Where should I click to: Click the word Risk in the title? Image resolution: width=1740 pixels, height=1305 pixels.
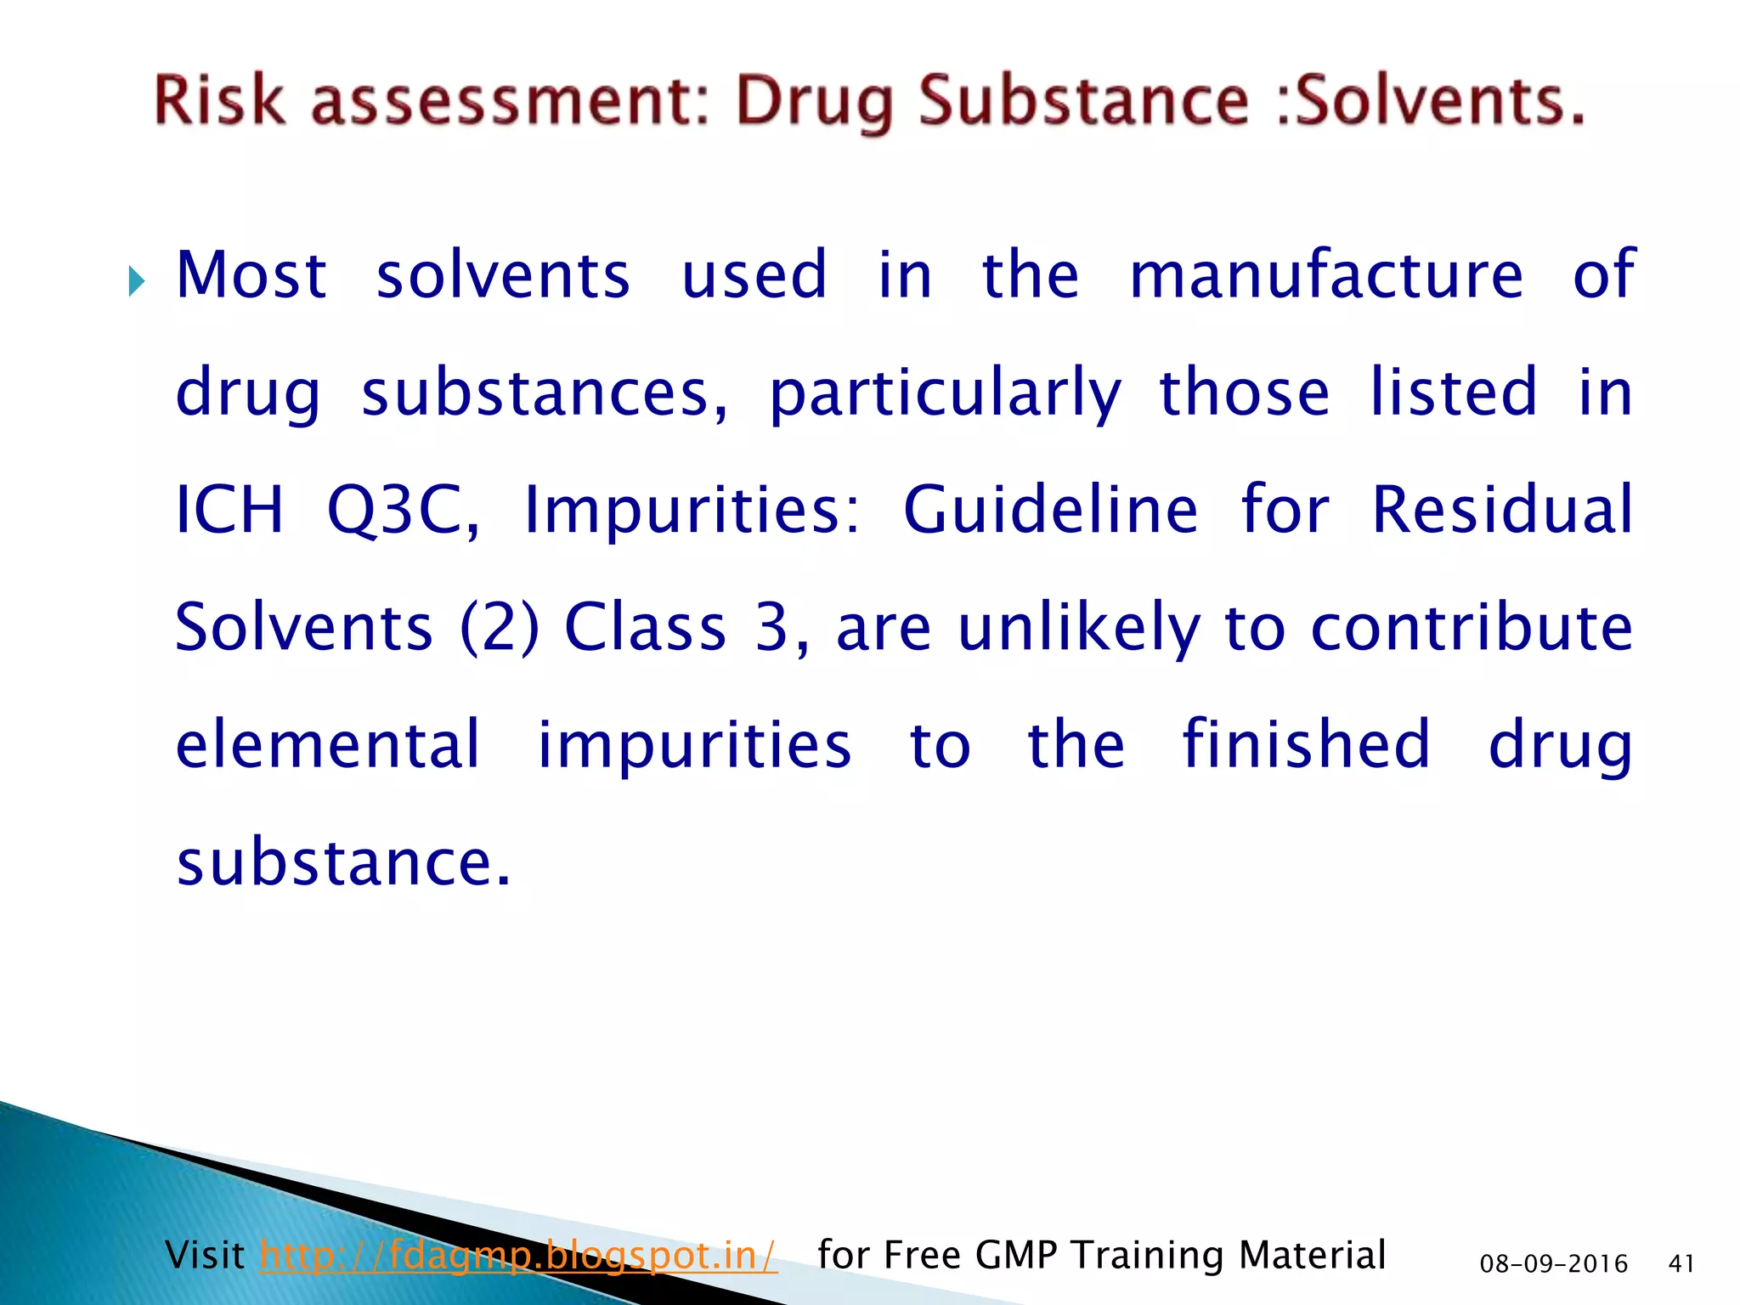pyautogui.click(x=219, y=100)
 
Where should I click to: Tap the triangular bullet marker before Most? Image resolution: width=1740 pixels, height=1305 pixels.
pyautogui.click(x=136, y=280)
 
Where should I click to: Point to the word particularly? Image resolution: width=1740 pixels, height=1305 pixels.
pyautogui.click(x=945, y=393)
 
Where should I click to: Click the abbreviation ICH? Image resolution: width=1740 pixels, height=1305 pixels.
pyautogui.click(x=229, y=509)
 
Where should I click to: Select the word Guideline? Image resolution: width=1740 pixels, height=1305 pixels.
pyautogui.click(x=1050, y=509)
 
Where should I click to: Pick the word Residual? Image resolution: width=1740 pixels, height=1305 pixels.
pyautogui.click(x=1502, y=509)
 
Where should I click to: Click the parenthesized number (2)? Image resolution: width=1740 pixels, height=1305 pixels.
pyautogui.click(x=500, y=627)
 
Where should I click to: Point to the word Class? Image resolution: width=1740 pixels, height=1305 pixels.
pyautogui.click(x=646, y=627)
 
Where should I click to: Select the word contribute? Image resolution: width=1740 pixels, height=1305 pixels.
pyautogui.click(x=1472, y=627)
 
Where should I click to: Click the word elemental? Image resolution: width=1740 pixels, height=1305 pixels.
pyautogui.click(x=328, y=744)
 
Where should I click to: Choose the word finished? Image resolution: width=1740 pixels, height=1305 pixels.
pyautogui.click(x=1307, y=744)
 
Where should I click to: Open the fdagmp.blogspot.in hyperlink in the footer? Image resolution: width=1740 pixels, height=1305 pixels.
pyautogui.click(x=518, y=1255)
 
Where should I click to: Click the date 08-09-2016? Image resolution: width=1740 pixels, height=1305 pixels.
pyautogui.click(x=1553, y=1264)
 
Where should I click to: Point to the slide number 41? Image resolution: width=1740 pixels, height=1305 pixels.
pyautogui.click(x=1681, y=1264)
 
